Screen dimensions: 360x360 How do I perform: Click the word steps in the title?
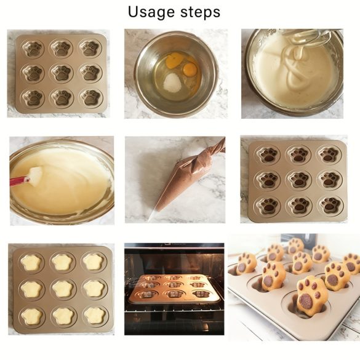[200, 12]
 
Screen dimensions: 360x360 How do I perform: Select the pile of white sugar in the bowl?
[172, 82]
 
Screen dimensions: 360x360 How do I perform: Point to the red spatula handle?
[19, 181]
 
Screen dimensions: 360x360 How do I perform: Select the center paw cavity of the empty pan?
[62, 73]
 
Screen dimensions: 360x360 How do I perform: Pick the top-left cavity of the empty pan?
[33, 48]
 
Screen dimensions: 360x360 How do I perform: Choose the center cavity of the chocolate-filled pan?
[299, 180]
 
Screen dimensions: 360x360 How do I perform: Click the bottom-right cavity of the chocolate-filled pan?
[330, 205]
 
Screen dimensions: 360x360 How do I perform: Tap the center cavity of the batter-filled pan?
[63, 289]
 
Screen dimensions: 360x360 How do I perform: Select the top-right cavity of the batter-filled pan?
[94, 262]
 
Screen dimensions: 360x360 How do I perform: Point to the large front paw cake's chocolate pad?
[306, 301]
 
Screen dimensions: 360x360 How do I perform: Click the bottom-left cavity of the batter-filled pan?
[31, 317]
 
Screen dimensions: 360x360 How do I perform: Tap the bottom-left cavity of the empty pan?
[33, 98]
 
